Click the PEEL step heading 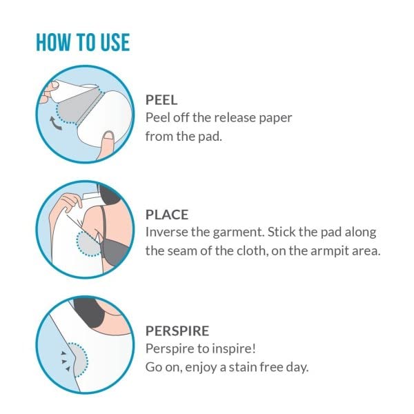tap(161, 100)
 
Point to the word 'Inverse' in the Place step tap(166, 233)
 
